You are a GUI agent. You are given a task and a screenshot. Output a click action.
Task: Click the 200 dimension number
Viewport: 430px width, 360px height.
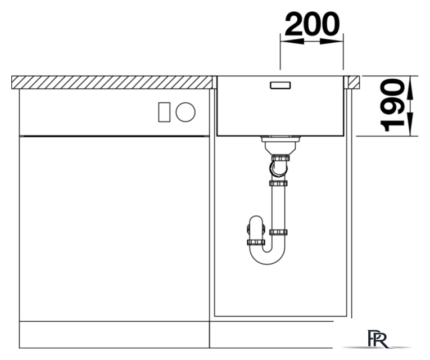point(313,24)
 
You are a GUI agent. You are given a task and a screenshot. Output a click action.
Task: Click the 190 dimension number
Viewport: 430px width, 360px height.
point(392,105)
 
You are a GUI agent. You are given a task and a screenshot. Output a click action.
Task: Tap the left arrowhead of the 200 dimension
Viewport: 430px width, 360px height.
point(292,42)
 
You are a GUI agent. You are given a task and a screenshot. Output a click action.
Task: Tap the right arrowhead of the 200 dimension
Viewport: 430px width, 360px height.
point(332,42)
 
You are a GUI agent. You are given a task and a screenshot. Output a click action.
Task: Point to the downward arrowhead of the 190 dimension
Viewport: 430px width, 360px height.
point(410,124)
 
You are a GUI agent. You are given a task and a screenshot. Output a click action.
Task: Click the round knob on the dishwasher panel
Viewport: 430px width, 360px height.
point(185,112)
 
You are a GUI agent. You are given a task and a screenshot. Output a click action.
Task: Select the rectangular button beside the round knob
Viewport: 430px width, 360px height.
point(164,112)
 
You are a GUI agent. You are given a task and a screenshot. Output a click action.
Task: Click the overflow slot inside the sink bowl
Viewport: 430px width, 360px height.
point(280,85)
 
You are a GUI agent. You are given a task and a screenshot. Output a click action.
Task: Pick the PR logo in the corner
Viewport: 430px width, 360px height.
point(378,339)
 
